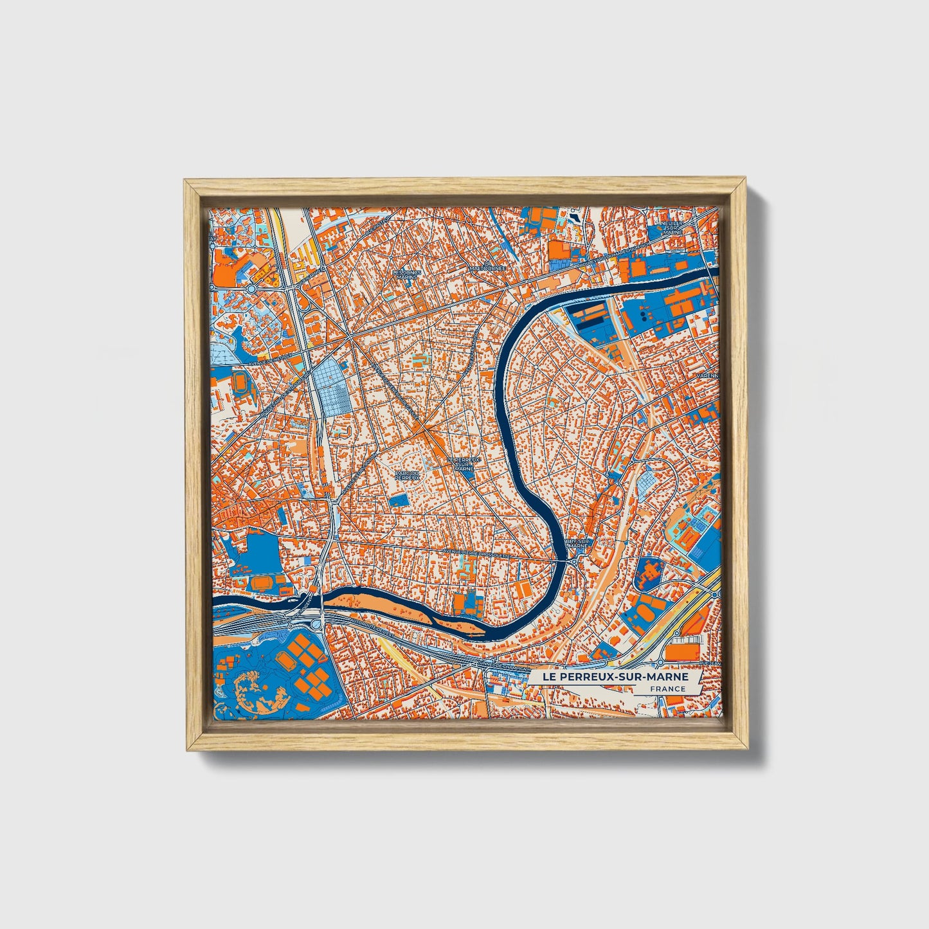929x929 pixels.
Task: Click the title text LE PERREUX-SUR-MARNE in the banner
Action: [x=615, y=677]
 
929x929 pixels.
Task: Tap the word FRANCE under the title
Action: [x=667, y=689]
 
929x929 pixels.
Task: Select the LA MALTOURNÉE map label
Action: [x=488, y=267]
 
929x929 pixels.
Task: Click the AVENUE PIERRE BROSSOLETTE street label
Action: [x=476, y=552]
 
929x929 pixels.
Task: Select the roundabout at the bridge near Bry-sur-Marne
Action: [x=574, y=562]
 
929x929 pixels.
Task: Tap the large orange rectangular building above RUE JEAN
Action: [x=682, y=651]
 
